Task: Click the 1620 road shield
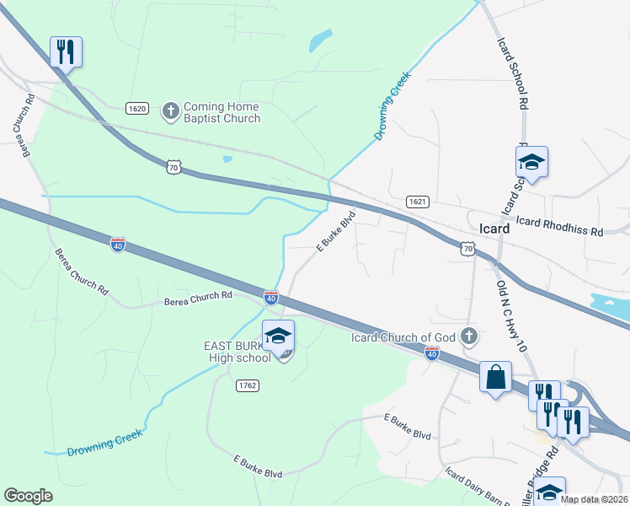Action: [138, 109]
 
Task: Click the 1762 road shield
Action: [247, 385]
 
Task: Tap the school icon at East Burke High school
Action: [278, 336]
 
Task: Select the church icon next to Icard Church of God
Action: [469, 338]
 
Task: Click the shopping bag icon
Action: [495, 376]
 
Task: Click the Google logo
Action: [28, 496]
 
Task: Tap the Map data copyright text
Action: [595, 499]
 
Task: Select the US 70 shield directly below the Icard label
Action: [468, 249]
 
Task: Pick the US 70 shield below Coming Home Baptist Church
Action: [173, 168]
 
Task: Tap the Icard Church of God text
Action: [403, 338]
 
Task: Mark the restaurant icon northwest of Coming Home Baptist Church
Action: [66, 52]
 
